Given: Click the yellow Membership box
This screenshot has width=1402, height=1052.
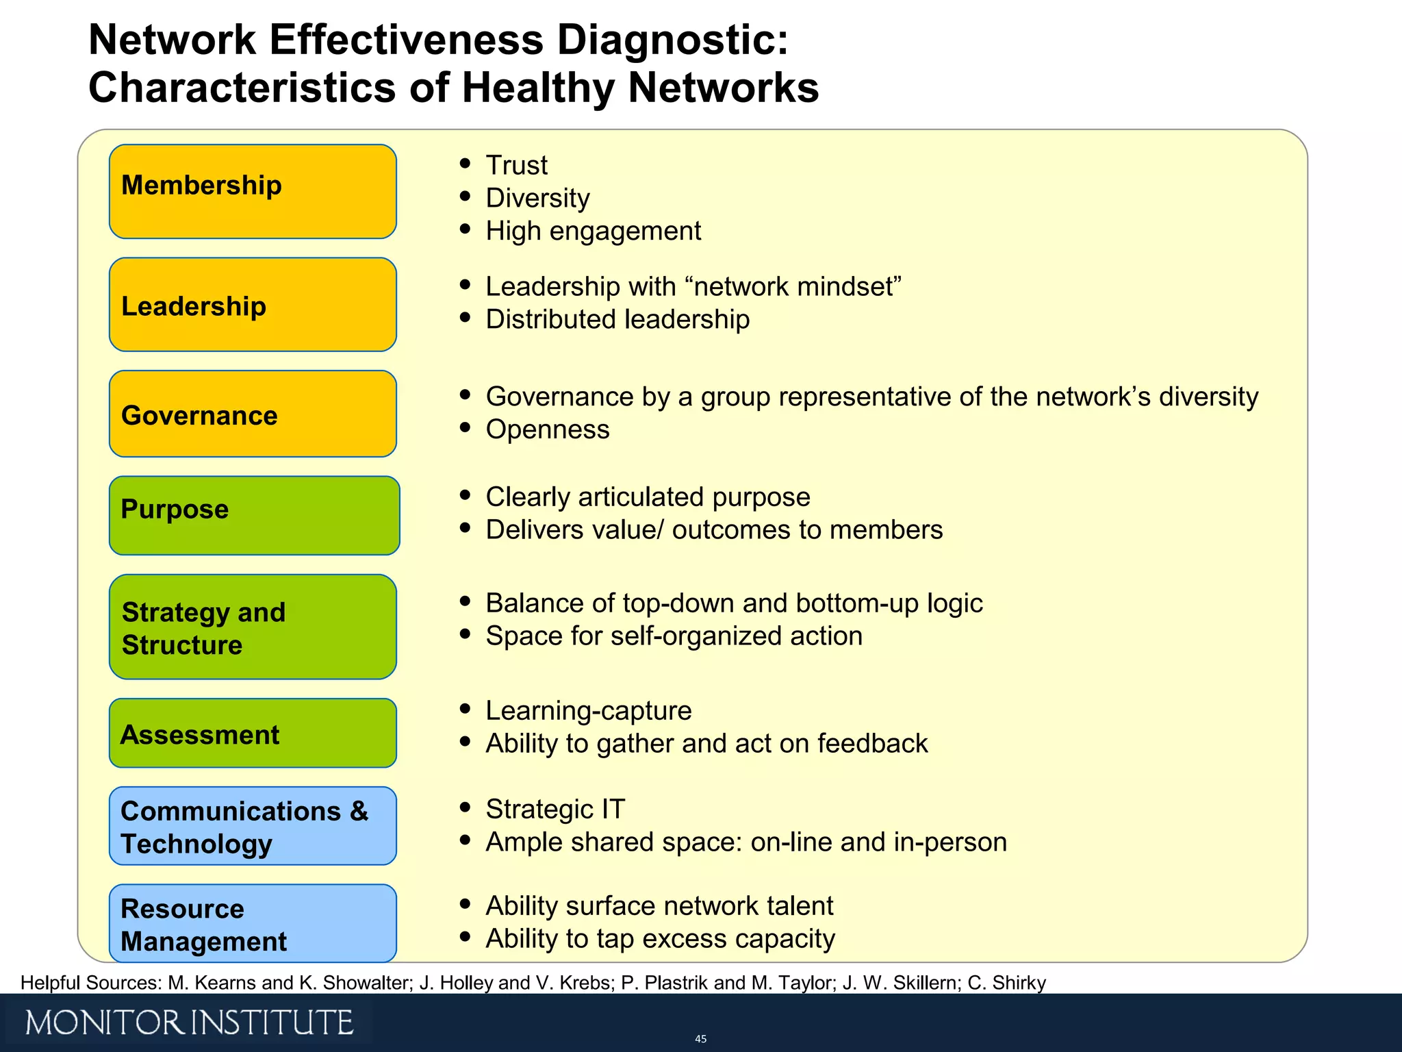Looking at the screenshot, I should coord(253,191).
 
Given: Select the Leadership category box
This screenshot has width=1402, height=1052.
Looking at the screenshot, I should coord(253,305).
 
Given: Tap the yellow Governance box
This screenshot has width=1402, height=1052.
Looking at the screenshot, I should coord(253,414).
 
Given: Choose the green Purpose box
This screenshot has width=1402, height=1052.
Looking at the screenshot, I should coord(254,515).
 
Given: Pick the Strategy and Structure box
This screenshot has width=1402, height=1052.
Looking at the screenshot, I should coord(253,627).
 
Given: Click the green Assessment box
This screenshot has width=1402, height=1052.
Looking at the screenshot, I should coord(253,733).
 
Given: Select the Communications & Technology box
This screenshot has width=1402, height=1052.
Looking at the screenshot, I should coord(253,826).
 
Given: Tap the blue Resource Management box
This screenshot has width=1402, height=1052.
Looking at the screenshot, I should coord(253,923).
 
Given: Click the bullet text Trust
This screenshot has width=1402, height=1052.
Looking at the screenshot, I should coord(516,165).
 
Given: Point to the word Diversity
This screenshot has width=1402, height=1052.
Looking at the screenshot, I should coord(537,198).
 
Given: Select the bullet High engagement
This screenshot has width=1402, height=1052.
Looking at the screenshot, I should coord(593,231).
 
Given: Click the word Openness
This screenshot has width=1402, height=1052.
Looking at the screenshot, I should coord(547,429).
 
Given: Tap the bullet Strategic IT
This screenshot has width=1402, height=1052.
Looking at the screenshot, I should coord(555,809).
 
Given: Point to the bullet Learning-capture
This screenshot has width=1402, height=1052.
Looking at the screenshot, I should coord(588,711).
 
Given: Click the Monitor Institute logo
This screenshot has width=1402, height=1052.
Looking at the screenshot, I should coord(189,1023).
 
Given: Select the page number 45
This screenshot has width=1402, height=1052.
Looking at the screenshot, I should coord(700,1039).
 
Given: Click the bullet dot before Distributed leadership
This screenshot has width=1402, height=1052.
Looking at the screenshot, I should coord(466,317).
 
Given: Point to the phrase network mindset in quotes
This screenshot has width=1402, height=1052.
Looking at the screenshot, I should coord(795,286).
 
